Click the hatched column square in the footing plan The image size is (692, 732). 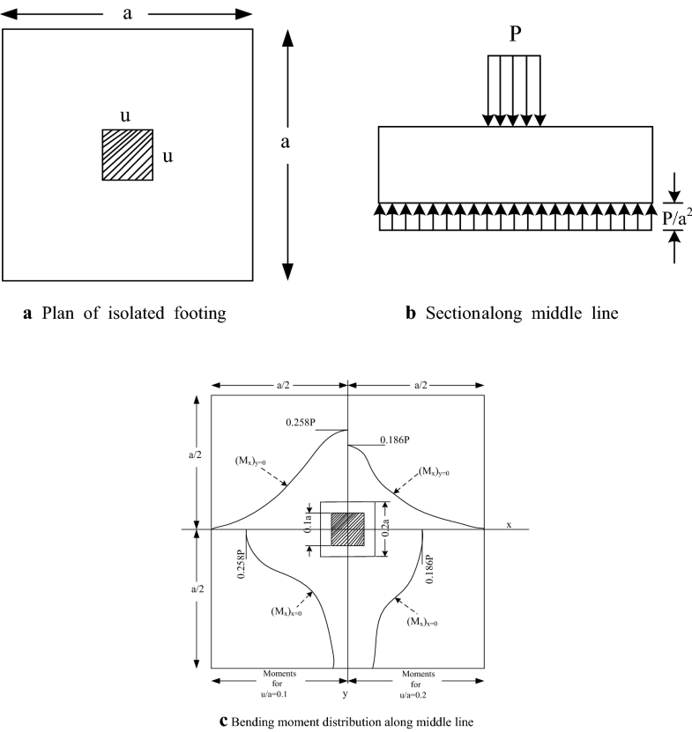pyautogui.click(x=128, y=155)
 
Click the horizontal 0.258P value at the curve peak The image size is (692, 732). pyautogui.click(x=306, y=423)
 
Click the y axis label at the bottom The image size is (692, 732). pyautogui.click(x=347, y=681)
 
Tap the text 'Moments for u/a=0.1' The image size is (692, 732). pyautogui.click(x=279, y=683)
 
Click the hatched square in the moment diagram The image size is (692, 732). pyautogui.click(x=347, y=529)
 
